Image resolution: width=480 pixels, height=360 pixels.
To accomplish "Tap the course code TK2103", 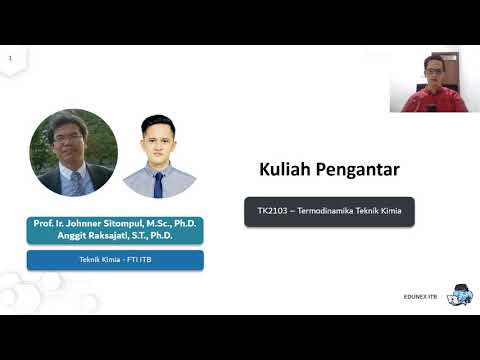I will [272, 211].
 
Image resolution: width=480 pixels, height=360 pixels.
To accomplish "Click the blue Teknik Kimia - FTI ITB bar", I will [115, 260].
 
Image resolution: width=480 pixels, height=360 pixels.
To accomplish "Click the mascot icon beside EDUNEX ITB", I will [459, 294].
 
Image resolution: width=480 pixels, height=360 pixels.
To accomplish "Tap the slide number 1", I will [10, 59].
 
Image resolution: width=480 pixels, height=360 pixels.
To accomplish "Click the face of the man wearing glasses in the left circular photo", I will [72, 141].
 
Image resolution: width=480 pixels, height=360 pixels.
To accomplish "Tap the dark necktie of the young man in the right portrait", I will [158, 183].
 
